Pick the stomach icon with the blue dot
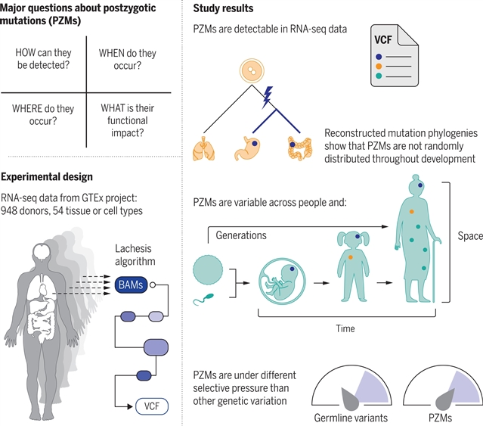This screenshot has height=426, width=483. (x=249, y=148)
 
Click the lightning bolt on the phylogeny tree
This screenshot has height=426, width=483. (x=267, y=97)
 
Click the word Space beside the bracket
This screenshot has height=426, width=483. (x=469, y=236)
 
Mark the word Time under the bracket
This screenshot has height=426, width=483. (x=345, y=328)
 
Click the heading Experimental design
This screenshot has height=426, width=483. (x=47, y=176)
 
